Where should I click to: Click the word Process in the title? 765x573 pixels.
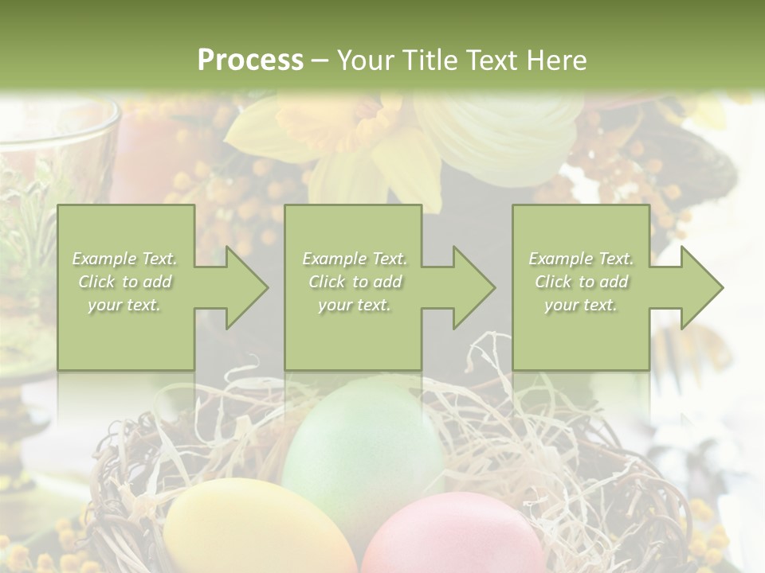250,60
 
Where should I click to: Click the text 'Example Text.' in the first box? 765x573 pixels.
125,259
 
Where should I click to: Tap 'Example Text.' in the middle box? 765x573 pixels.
355,259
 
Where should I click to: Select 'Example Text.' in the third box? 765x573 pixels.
581,259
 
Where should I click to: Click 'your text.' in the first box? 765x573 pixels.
124,305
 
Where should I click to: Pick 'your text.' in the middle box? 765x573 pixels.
354,305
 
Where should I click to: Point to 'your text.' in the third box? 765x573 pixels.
580,305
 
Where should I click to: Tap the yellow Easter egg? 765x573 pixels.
255,529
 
